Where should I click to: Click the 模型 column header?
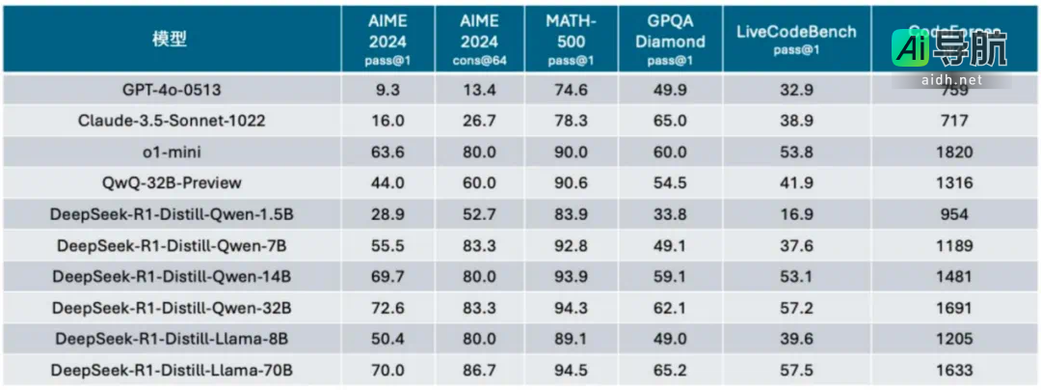point(170,40)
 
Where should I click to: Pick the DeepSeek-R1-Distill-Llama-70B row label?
point(173,370)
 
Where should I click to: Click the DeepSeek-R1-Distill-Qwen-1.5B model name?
point(173,214)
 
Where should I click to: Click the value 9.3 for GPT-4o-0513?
point(387,90)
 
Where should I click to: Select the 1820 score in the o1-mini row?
point(953,152)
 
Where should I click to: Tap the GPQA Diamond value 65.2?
point(676,370)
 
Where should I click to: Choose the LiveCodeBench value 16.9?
point(796,214)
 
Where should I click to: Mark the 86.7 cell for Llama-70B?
point(480,370)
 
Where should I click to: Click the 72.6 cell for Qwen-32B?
point(387,308)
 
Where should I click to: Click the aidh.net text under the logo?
point(949,79)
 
